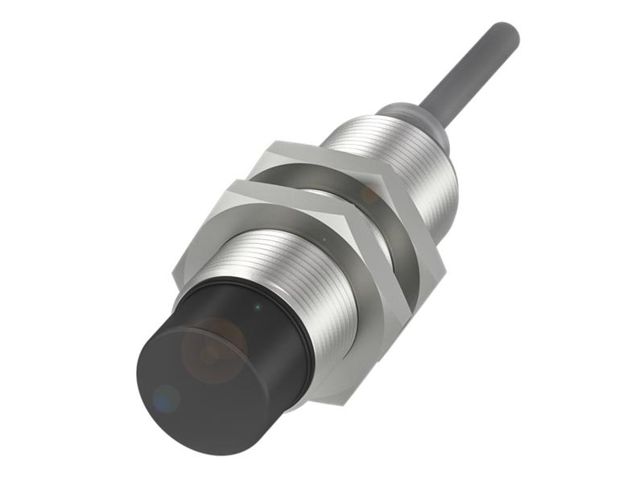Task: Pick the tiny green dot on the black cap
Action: [256, 306]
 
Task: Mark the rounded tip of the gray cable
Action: [509, 32]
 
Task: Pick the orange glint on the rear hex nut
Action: [369, 193]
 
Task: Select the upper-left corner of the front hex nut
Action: [233, 184]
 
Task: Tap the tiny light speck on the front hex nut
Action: [322, 239]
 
